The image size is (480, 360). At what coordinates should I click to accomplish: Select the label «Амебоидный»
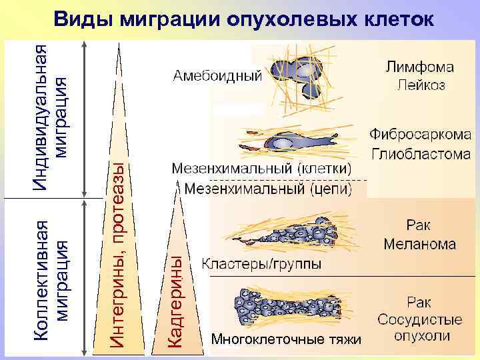[x=217, y=75]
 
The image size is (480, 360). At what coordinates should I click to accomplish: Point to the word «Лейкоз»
[x=421, y=85]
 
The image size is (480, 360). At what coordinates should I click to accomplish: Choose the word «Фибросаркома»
[x=421, y=135]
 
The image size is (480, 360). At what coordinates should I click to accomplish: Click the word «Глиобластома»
[x=421, y=154]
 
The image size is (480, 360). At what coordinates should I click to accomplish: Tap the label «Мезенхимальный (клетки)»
[x=262, y=169]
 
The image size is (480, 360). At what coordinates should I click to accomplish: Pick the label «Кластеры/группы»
[x=261, y=264]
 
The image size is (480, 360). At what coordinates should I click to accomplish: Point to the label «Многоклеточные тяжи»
[x=286, y=340]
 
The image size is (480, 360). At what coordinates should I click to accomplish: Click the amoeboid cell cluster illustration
[x=304, y=77]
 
